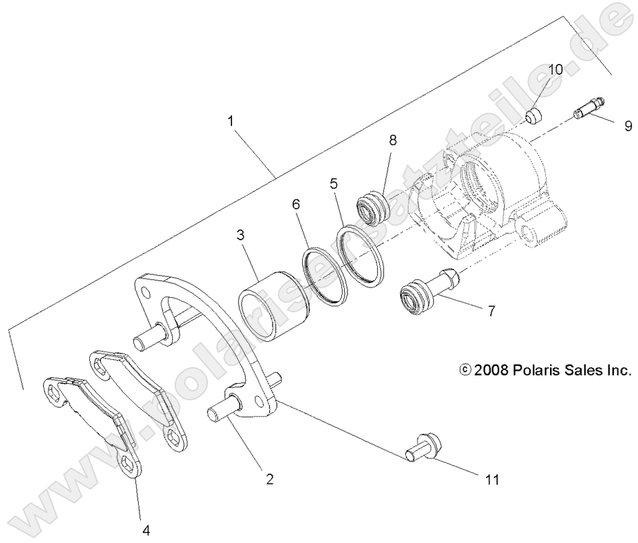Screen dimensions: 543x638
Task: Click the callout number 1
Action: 231,121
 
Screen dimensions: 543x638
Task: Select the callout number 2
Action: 270,479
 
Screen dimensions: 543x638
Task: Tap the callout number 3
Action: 240,235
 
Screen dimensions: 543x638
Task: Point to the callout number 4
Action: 146,529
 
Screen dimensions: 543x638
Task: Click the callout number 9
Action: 628,126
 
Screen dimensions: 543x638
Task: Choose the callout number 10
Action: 555,69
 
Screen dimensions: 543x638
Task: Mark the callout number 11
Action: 492,479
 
